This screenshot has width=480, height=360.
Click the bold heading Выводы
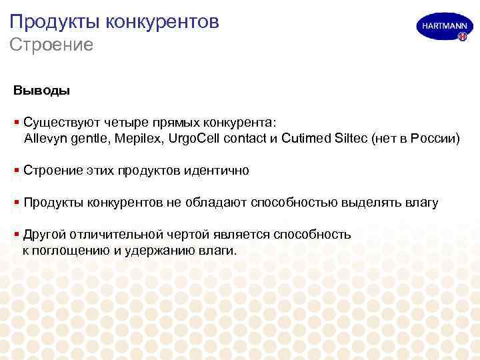pyautogui.click(x=41, y=89)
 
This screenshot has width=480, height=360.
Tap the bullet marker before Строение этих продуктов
pyautogui.click(x=16, y=171)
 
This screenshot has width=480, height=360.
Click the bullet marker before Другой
pyautogui.click(x=16, y=234)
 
